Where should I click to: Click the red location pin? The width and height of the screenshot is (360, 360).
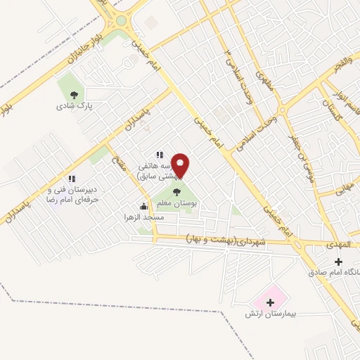point(181,165)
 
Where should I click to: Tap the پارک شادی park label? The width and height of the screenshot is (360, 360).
point(76,107)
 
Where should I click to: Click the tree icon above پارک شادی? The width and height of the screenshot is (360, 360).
point(74,94)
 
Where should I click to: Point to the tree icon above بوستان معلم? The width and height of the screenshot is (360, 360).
point(176,190)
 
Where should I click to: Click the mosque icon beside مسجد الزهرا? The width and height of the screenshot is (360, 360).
point(144,206)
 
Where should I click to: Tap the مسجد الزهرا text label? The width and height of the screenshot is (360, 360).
point(144,218)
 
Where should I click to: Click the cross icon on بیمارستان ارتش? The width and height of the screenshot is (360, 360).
point(270,302)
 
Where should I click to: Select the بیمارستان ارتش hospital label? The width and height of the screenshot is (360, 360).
point(269,314)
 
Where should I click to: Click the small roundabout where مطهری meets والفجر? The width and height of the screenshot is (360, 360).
point(281,110)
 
